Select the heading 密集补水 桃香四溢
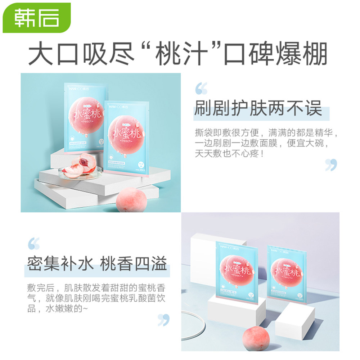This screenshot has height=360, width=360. tap(97, 264)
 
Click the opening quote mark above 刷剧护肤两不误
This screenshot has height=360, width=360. tap(201, 89)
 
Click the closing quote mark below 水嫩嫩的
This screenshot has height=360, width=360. tap(163, 320)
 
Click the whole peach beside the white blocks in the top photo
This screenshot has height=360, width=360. tap(131, 200)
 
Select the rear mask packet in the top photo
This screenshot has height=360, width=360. tap(85, 115)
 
